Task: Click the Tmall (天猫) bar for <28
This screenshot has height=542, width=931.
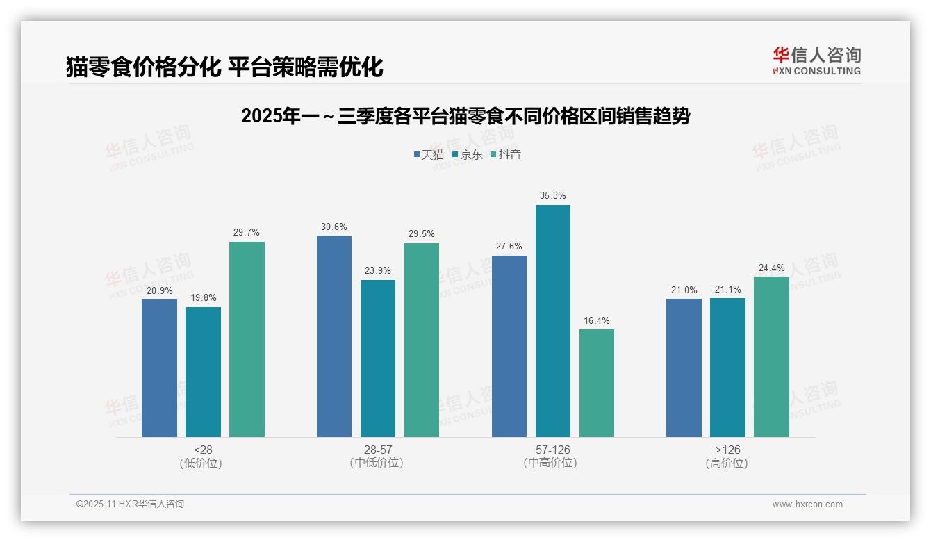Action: coord(159,368)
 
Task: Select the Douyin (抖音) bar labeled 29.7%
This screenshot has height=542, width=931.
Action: coord(247,339)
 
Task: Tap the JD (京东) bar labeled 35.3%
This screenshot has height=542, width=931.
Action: coord(553,320)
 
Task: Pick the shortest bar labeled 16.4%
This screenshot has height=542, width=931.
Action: coord(597,383)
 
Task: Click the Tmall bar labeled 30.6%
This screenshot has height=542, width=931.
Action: coord(334,336)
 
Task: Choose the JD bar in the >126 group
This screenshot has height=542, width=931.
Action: coord(727,368)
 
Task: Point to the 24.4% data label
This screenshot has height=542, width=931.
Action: coord(771,268)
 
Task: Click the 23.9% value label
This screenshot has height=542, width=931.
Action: coord(377,271)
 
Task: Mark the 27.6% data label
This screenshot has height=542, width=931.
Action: coord(509,247)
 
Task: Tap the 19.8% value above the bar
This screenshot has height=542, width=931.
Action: coord(203,298)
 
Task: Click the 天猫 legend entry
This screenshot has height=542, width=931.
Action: coord(429,154)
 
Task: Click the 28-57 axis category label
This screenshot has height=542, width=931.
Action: coord(377,450)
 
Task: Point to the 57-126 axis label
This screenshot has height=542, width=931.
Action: coord(552,450)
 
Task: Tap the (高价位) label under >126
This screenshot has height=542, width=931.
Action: coord(727,463)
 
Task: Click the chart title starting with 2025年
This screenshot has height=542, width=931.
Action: coord(465,116)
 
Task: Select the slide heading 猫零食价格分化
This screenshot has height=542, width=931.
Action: coord(224,67)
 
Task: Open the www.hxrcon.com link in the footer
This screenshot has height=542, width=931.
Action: coord(807,504)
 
